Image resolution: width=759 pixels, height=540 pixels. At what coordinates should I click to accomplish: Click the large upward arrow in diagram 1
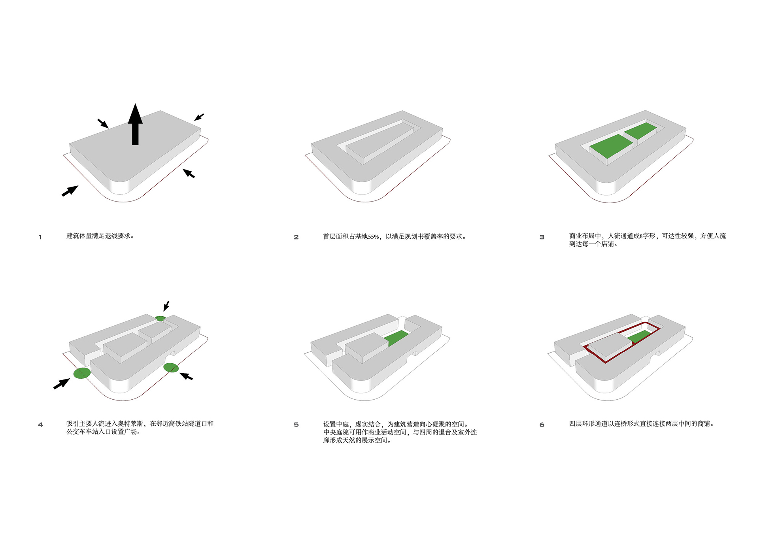135,124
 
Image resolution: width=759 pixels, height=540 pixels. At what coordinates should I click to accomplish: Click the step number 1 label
40,237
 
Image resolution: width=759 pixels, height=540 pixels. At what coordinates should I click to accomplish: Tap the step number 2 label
296,237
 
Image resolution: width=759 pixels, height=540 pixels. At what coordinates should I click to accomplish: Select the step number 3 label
542,237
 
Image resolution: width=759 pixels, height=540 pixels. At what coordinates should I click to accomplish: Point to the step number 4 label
40,425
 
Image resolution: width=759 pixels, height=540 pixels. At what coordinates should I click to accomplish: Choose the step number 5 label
296,425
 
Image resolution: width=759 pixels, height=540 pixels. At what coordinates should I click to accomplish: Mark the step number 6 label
542,425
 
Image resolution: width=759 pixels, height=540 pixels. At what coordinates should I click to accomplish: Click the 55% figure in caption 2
374,237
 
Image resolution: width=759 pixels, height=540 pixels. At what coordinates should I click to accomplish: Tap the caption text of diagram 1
100,236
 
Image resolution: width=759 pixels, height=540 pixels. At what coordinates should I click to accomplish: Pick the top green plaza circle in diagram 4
160,318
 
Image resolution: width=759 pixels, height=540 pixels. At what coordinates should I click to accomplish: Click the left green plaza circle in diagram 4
82,373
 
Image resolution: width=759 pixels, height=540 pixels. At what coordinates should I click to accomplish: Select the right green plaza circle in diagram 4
171,368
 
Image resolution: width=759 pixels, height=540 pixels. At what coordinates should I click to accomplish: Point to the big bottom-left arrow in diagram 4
62,383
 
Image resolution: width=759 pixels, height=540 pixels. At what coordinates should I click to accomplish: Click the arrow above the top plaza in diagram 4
166,306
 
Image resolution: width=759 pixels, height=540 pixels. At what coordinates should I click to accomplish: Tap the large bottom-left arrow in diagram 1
70,191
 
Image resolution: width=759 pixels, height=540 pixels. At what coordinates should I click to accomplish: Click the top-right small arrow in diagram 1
199,117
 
